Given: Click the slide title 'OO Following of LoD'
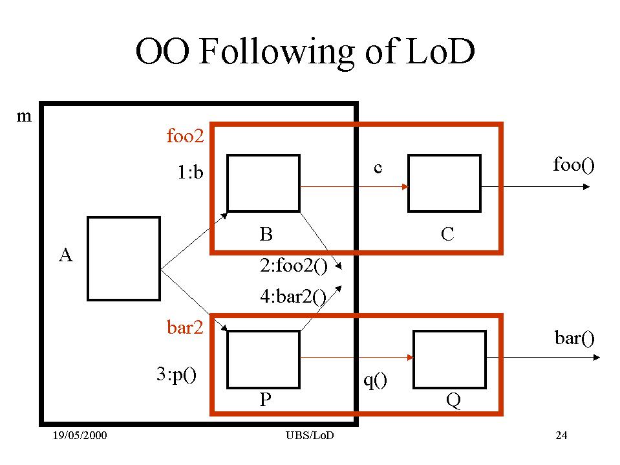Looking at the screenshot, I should (305, 52).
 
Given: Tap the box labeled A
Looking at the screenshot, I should (123, 259).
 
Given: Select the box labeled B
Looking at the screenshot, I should (263, 183).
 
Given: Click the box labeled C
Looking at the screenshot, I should (444, 183).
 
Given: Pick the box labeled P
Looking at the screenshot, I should (263, 358).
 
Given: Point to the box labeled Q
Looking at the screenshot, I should (449, 358).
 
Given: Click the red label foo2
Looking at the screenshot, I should (185, 136).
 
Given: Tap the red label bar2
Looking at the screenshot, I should (185, 328).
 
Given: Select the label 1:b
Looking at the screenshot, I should (191, 173).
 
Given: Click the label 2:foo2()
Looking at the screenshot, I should (293, 266).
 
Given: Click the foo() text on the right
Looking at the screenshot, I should (573, 164).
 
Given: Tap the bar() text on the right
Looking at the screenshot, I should (574, 338).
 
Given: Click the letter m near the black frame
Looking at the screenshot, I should (23, 116).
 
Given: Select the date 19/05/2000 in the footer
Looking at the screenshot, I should (80, 435).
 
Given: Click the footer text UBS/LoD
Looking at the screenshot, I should (310, 435).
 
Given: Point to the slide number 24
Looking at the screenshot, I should (561, 435).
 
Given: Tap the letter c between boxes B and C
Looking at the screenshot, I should (378, 168).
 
